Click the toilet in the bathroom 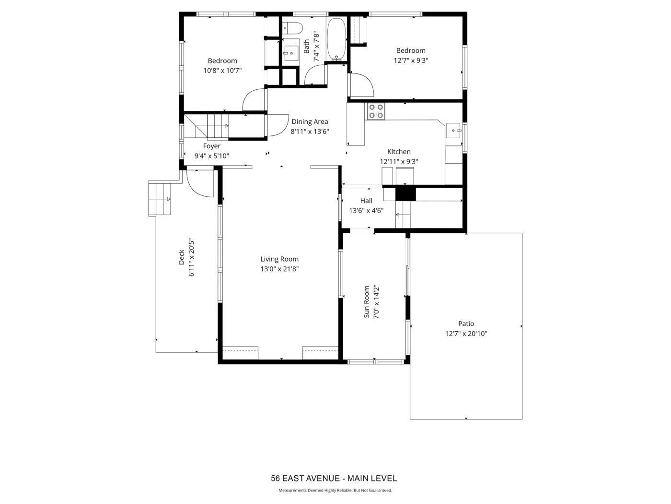pyautogui.click(x=292, y=28)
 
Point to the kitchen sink pyautogui.click(x=454, y=131)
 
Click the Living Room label pyautogui.click(x=279, y=259)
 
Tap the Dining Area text pyautogui.click(x=310, y=121)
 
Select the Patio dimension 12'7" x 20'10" pyautogui.click(x=466, y=334)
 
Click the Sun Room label pyautogui.click(x=367, y=302)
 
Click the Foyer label pyautogui.click(x=211, y=146)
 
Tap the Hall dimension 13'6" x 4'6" pyautogui.click(x=366, y=211)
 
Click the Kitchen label pyautogui.click(x=399, y=152)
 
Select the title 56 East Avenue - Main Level pyautogui.click(x=334, y=478)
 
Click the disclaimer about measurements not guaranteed pyautogui.click(x=335, y=490)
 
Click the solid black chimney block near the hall pyautogui.click(x=405, y=194)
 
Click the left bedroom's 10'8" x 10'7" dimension pyautogui.click(x=222, y=71)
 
